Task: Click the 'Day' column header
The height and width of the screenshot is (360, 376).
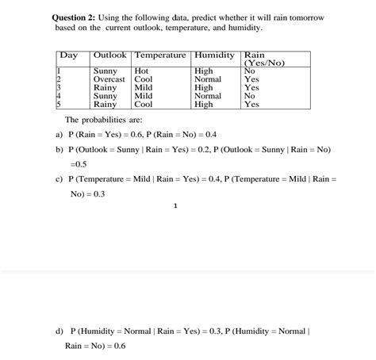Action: click(69, 55)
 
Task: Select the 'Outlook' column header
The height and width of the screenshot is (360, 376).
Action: click(111, 55)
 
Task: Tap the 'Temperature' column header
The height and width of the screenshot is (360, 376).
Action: click(161, 55)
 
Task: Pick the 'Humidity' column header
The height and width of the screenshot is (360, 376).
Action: click(214, 55)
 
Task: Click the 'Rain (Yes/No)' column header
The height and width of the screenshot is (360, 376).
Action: click(263, 59)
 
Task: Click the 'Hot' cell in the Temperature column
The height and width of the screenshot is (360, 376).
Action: click(144, 71)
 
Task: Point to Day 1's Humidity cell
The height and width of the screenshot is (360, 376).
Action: click(204, 71)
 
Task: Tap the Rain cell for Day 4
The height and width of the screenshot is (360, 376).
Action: click(250, 95)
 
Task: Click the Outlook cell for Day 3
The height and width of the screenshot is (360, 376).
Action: click(106, 87)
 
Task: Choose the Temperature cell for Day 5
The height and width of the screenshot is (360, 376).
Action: click(144, 104)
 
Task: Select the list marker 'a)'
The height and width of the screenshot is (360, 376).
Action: click(59, 134)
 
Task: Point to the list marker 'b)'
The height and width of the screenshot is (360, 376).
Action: click(59, 149)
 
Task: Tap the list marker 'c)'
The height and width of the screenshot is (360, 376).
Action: click(59, 179)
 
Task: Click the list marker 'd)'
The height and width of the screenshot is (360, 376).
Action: click(59, 330)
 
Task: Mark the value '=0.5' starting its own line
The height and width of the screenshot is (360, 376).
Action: click(79, 164)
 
